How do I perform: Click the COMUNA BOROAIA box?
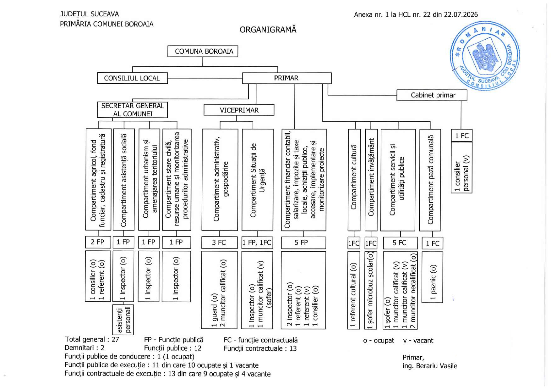pyautogui.click(x=203, y=51)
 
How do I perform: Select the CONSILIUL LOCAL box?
pyautogui.click(x=132, y=78)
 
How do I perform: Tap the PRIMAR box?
pyautogui.click(x=287, y=78)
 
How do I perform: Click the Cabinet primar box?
pyautogui.click(x=432, y=95)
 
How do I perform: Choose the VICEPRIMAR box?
pyautogui.click(x=239, y=110)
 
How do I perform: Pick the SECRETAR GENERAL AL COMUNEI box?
pyautogui.click(x=132, y=110)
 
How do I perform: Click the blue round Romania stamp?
pyautogui.click(x=485, y=56)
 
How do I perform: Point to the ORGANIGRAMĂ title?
pyautogui.click(x=268, y=30)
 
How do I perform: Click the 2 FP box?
pyautogui.click(x=98, y=242)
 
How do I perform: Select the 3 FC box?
pyautogui.click(x=219, y=242)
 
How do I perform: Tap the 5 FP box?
pyautogui.click(x=303, y=242)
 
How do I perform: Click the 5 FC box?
pyautogui.click(x=400, y=243)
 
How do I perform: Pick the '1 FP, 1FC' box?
pyautogui.click(x=257, y=242)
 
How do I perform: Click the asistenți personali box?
pyautogui.click(x=123, y=320)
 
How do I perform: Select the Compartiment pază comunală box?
pyautogui.click(x=430, y=180)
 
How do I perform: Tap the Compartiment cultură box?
pyautogui.click(x=354, y=180)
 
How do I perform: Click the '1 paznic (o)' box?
pyautogui.click(x=432, y=277)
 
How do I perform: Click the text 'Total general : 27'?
pyautogui.click(x=92, y=339)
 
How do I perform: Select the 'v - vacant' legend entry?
pyautogui.click(x=418, y=341)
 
